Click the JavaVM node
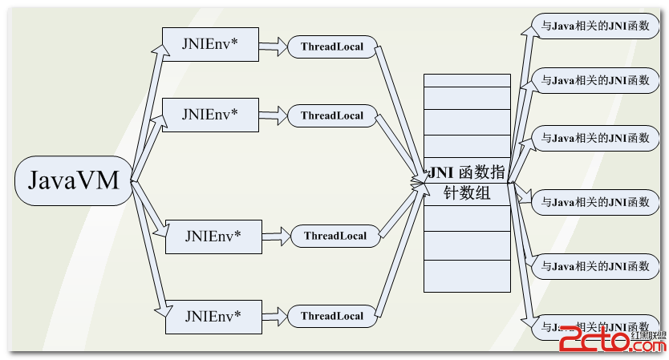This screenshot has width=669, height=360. coord(73,180)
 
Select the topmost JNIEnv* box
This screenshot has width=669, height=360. coord(210,44)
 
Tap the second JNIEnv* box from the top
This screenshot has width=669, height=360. coord(210,114)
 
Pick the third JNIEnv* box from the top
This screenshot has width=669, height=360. coord(213,236)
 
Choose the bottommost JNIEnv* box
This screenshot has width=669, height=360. coord(213,315)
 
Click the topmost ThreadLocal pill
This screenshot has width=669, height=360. coord(332,47)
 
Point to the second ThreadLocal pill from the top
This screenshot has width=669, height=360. coord(332,115)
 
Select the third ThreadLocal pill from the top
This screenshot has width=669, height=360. coord(334,236)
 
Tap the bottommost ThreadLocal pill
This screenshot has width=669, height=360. coord(332,316)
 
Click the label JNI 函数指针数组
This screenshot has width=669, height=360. coord(468,182)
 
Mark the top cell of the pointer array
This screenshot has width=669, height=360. coord(468,80)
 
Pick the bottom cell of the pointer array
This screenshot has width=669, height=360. coord(468,277)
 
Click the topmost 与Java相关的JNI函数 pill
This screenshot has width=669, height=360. coord(594,25)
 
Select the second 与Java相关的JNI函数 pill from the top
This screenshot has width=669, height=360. coord(594,80)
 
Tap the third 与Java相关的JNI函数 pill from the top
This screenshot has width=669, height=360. coord(594,137)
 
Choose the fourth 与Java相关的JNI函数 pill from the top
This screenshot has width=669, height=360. coord(594,202)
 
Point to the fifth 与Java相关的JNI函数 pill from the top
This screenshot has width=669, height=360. coord(594,265)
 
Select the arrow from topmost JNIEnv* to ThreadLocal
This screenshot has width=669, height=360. coord(273,46)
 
